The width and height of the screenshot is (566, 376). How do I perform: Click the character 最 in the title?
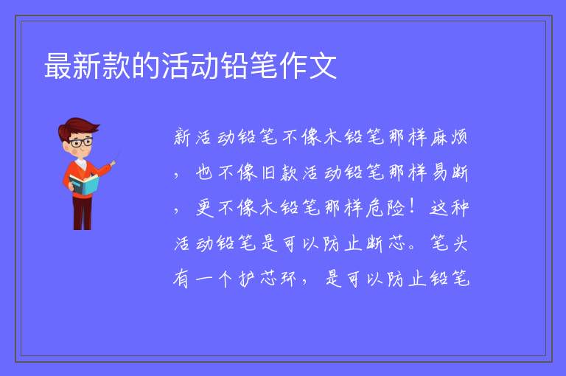(58, 66)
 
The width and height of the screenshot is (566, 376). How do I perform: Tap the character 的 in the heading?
(146, 66)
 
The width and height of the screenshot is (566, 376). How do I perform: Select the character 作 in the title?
(293, 66)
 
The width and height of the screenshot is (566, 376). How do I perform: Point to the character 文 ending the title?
(322, 66)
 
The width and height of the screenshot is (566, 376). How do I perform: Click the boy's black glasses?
(82, 142)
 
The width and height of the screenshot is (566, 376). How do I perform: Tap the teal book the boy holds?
(84, 184)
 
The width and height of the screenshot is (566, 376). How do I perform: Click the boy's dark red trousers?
(83, 213)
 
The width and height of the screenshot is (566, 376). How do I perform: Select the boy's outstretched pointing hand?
(113, 163)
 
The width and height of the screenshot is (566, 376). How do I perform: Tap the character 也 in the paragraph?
(205, 173)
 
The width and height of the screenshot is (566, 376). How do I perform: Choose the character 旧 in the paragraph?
(269, 173)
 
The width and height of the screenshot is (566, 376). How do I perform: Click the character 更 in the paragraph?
(205, 208)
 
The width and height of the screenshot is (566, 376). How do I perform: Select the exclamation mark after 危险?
(412, 207)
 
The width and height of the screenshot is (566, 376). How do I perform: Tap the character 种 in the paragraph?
(460, 208)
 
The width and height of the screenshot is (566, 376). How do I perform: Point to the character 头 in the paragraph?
(460, 243)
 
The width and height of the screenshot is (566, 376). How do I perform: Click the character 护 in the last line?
(248, 279)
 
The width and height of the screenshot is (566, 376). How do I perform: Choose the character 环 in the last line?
(289, 279)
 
